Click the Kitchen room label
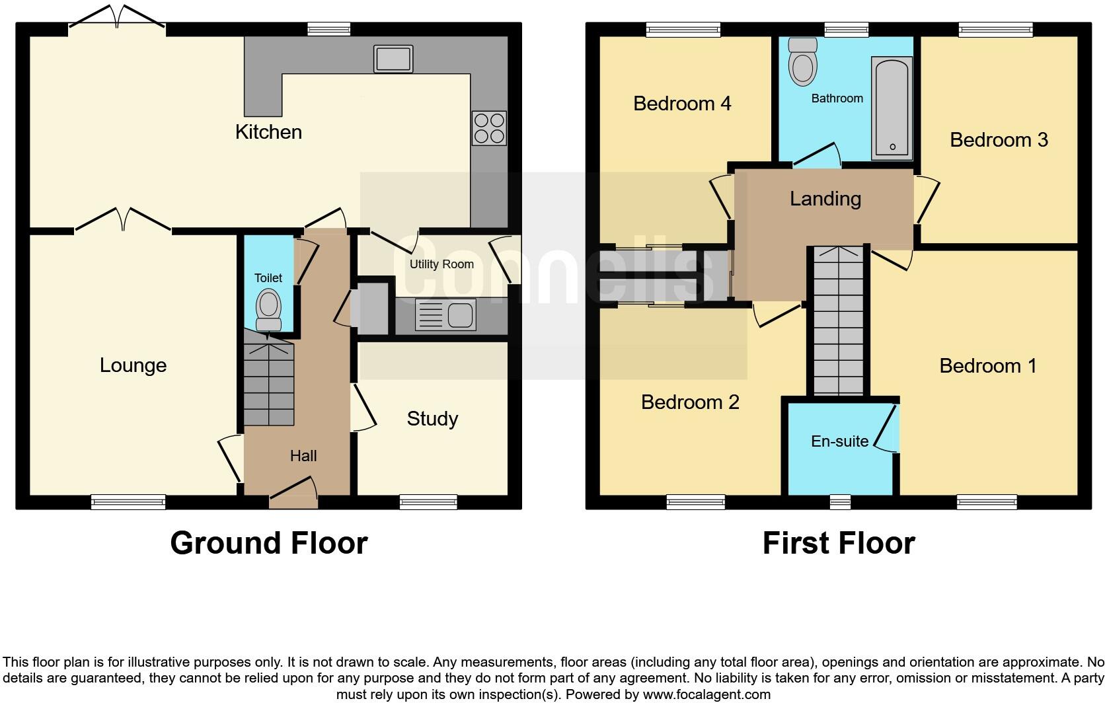[x=268, y=132]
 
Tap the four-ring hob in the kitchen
[x=489, y=128]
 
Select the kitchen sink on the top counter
[x=393, y=58]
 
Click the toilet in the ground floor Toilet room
[x=268, y=310]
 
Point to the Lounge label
[x=133, y=365]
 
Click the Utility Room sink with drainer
[x=445, y=314]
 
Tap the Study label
[x=432, y=419]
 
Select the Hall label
[x=303, y=456]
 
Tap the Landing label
[x=825, y=199]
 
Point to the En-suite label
[x=839, y=441]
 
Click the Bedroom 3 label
[x=999, y=140]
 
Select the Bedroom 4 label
[x=682, y=104]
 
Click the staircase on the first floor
[x=838, y=320]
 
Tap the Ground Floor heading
[x=268, y=543]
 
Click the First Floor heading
[x=838, y=543]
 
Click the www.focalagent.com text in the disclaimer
[x=706, y=694]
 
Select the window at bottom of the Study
[x=428, y=503]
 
